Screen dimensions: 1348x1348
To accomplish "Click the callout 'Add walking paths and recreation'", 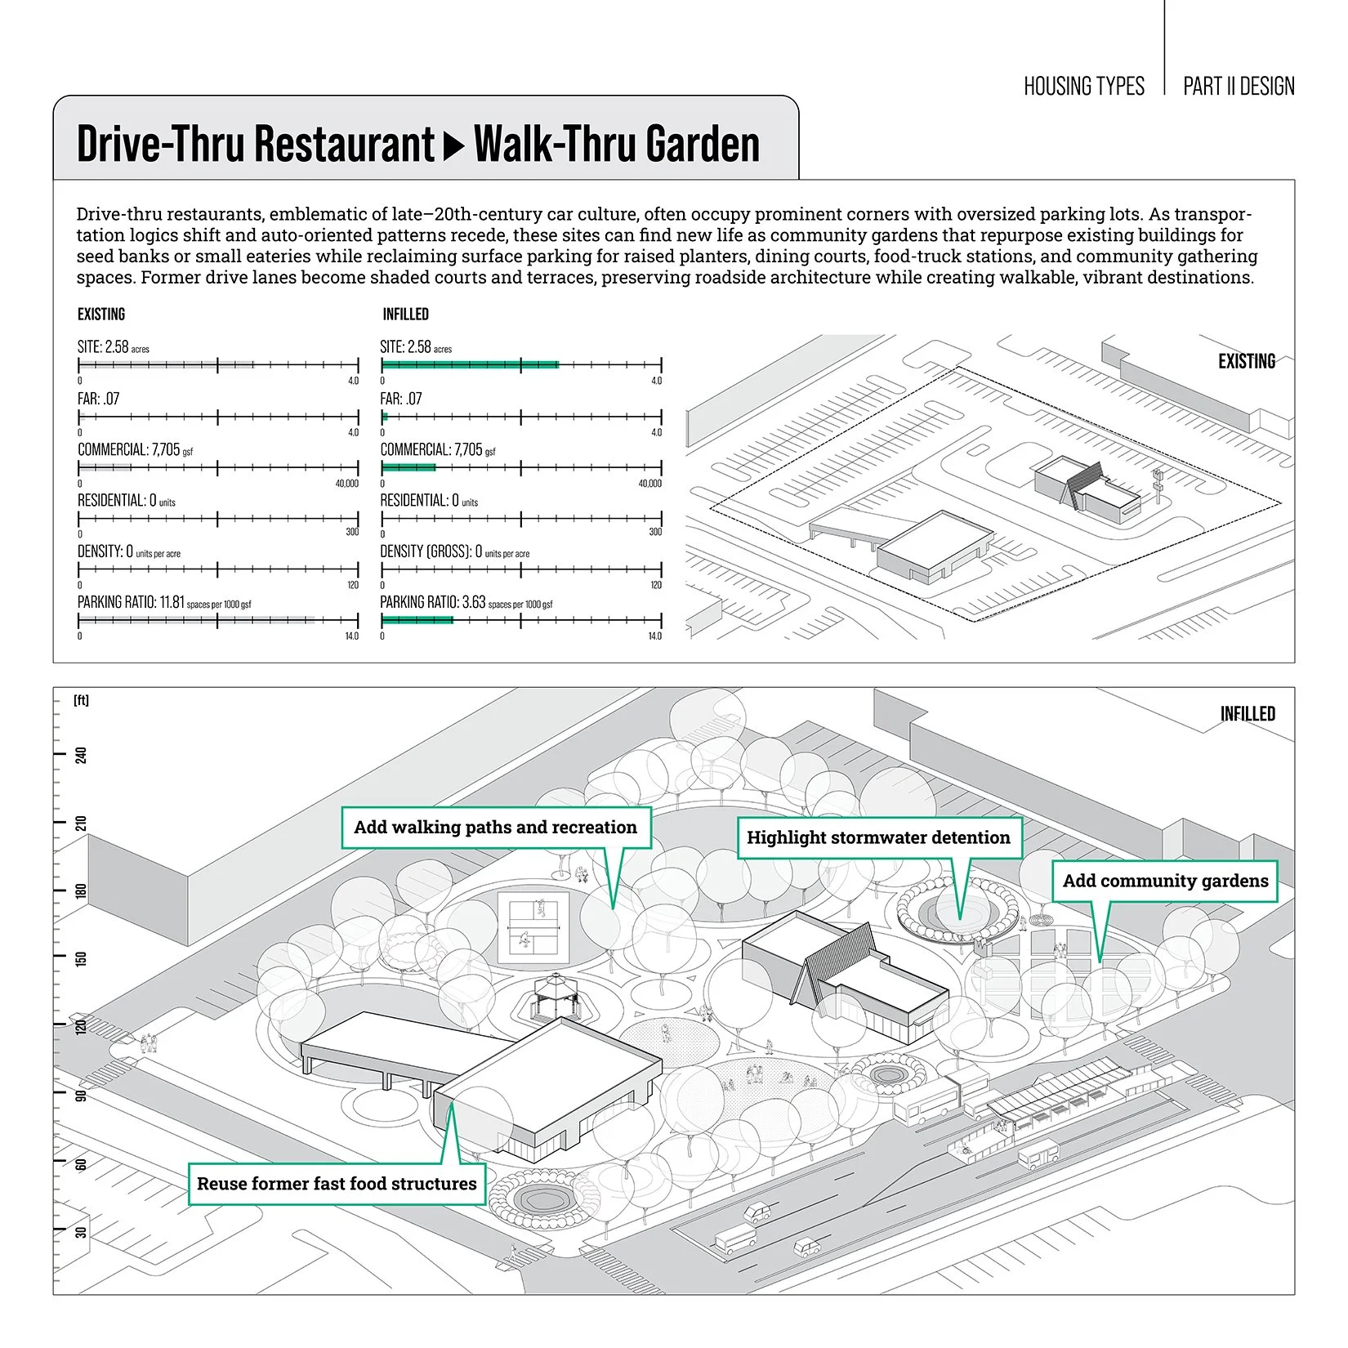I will point(495,828).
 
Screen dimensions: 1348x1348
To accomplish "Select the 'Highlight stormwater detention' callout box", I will point(878,837).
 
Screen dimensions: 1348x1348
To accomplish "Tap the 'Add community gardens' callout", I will point(1164,881).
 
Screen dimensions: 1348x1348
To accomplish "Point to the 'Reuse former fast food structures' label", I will point(337,1184).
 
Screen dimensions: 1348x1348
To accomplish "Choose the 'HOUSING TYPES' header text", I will point(1083,87).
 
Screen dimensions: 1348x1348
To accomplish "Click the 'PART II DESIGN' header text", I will point(1239,87).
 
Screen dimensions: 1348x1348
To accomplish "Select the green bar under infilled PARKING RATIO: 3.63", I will point(417,620).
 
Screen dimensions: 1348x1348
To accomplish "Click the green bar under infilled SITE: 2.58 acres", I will point(471,364).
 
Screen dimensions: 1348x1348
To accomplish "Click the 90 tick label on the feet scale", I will point(81,1093).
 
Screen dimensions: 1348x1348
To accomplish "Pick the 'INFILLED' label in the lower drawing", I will point(1247,714).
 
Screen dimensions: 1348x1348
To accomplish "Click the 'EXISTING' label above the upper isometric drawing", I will point(1246,361).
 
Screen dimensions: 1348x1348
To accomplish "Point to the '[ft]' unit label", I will point(81,700).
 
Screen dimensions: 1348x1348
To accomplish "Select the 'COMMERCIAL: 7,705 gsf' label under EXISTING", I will point(135,450).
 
